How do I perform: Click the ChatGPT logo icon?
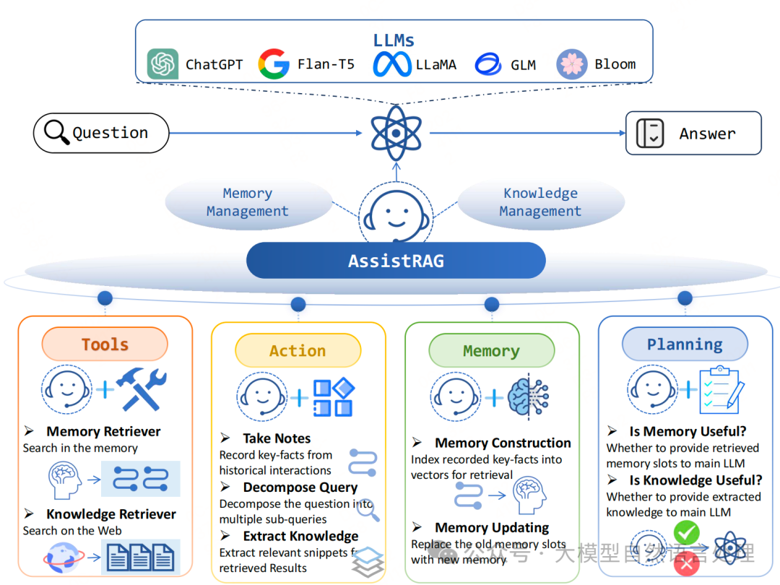[162, 64]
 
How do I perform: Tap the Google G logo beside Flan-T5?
[274, 64]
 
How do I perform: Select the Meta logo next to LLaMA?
[392, 64]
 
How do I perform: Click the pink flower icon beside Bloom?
[571, 64]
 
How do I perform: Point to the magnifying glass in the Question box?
[56, 133]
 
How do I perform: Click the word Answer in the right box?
[707, 134]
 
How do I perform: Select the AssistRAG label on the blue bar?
[396, 261]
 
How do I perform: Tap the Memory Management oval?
[248, 203]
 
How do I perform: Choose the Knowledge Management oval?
[540, 203]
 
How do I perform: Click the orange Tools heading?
[105, 345]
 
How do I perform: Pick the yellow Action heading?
[298, 351]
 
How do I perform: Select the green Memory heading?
[491, 352]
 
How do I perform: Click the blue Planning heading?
[685, 344]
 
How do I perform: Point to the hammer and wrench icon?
[142, 389]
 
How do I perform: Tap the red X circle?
[686, 564]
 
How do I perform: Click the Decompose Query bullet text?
[300, 487]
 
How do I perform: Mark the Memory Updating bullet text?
[491, 528]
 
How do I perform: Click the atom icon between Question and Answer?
[395, 133]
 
